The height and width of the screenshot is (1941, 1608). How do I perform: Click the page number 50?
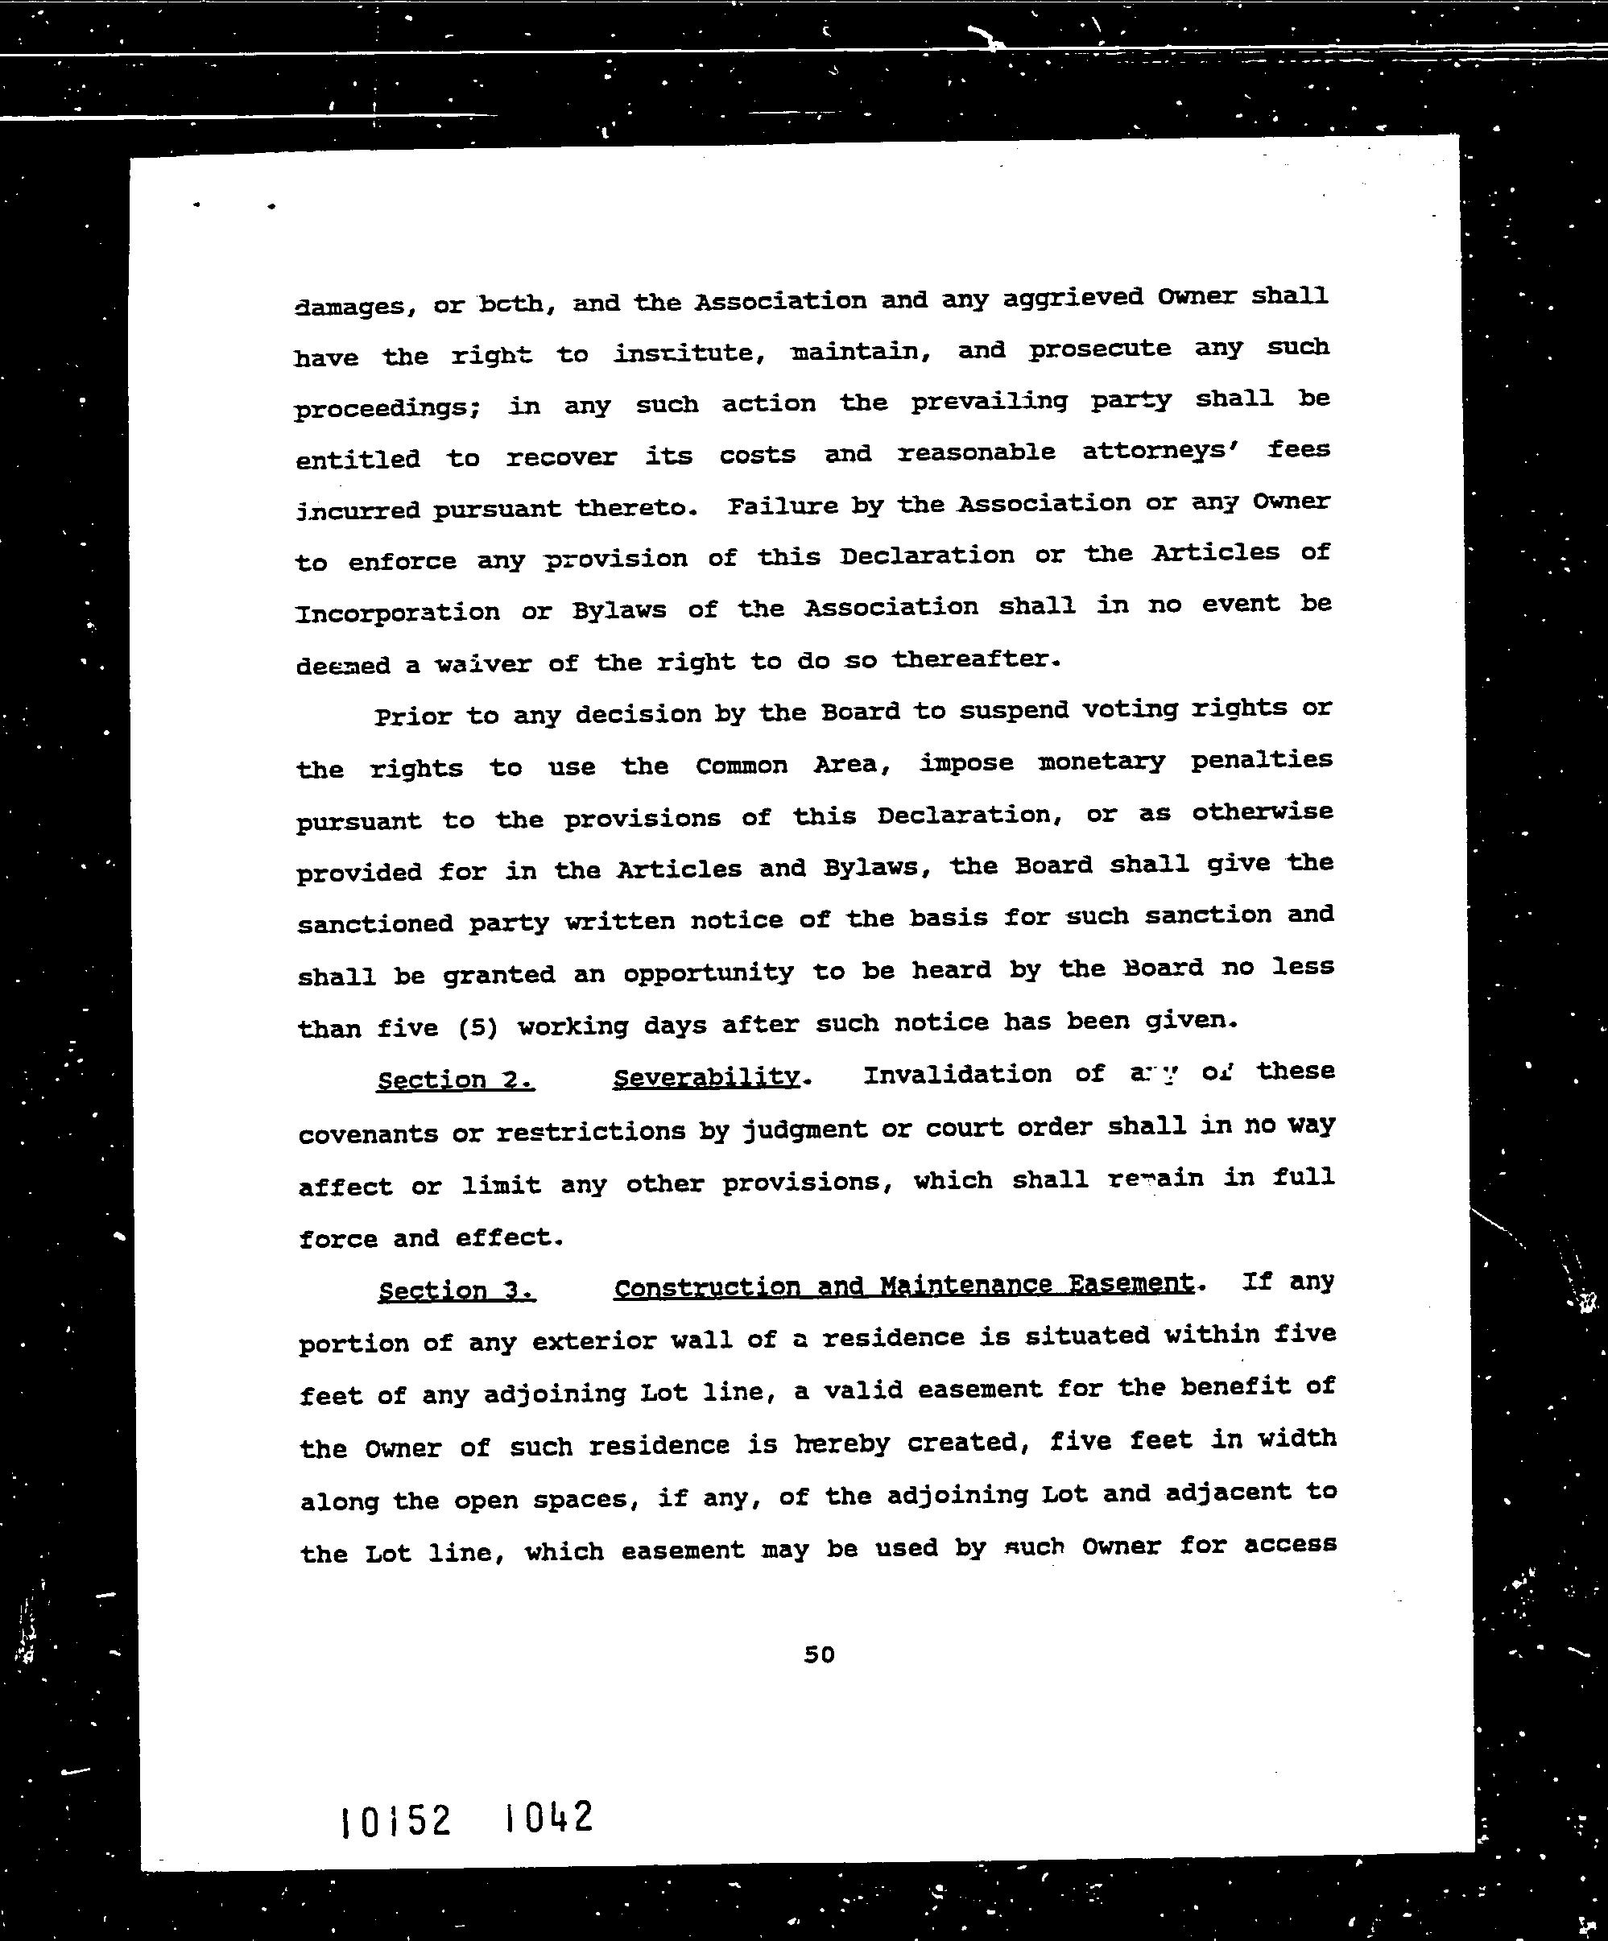point(819,1654)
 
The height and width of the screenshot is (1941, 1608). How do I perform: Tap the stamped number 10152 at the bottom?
point(395,1822)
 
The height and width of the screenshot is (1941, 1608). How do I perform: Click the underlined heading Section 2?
point(455,1080)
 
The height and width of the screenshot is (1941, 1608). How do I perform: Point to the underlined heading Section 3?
point(456,1291)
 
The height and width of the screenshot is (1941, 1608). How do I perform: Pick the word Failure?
point(783,506)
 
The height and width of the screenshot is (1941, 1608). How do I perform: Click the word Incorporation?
point(398,613)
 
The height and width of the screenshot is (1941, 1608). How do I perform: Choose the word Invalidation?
point(957,1074)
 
